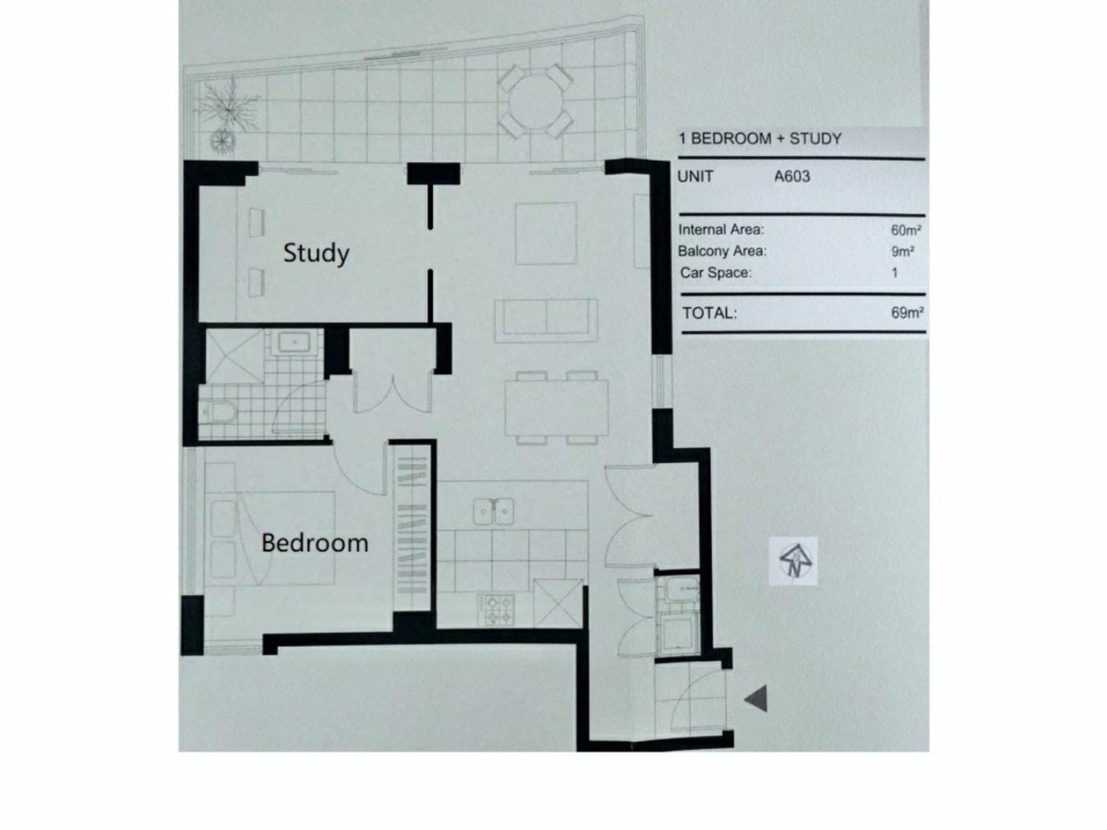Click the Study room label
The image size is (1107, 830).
click(x=316, y=254)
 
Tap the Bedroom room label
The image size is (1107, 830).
click(x=315, y=543)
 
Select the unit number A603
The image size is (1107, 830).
click(x=792, y=176)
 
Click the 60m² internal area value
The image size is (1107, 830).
click(x=906, y=231)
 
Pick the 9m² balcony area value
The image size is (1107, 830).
click(x=903, y=251)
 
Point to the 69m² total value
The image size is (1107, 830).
click(x=907, y=313)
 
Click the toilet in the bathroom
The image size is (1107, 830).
click(x=219, y=412)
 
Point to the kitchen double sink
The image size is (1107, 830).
click(x=494, y=511)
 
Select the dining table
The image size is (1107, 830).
click(x=556, y=408)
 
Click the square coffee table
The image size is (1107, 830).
click(x=545, y=233)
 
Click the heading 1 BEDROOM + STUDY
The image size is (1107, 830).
click(x=760, y=139)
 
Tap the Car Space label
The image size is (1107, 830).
click(x=716, y=273)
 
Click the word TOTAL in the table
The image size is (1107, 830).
click(x=710, y=314)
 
